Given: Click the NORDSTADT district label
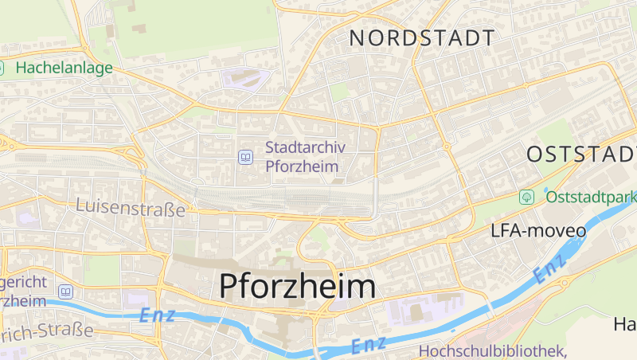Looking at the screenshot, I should coord(422,37).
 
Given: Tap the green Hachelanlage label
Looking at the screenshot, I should coord(64,68).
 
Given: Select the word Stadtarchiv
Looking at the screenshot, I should coord(302,147).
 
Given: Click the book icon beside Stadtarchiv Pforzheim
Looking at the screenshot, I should coord(245,157).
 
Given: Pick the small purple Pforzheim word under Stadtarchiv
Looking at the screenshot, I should coord(302,166).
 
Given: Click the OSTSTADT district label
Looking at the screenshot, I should coord(581,154).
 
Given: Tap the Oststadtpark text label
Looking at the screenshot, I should coord(591,195).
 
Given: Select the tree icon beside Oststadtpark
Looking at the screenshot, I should coord(526,196).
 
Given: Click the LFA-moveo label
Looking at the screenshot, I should coord(538,231).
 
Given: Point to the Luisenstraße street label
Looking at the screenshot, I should coord(131,209).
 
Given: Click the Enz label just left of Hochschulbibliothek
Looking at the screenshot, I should coord(369,345).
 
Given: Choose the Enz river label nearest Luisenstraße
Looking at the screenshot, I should coord(157,315).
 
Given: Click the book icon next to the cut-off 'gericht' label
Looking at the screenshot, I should coord(65,292).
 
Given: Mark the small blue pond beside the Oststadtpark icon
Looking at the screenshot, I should coord(547,190).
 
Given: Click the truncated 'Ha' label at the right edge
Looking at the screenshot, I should coord(624,324).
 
